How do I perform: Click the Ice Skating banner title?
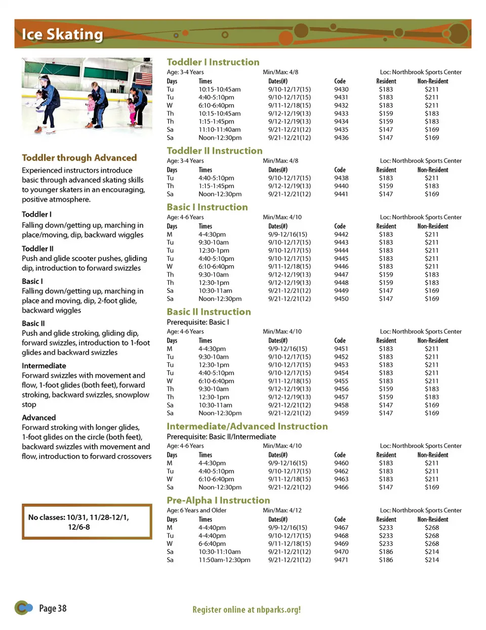tap(62, 34)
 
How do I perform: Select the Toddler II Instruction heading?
tap(215, 151)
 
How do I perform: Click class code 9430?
tap(341, 90)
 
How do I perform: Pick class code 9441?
tap(341, 194)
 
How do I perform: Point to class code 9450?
tap(341, 299)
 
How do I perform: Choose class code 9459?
tap(341, 413)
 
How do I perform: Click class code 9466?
tap(341, 487)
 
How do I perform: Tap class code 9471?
tap(341, 560)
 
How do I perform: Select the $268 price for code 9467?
tap(432, 528)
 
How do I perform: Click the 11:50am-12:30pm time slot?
tap(224, 560)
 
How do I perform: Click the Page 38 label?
tap(53, 608)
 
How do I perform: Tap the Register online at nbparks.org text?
tap(247, 610)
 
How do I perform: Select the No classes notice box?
tap(87, 522)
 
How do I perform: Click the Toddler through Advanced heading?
tap(79, 158)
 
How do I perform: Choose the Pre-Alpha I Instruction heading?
tap(218, 500)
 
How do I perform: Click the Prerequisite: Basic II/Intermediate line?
tap(221, 437)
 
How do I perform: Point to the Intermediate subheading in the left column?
tap(44, 366)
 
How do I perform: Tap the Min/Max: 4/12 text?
tap(282, 511)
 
